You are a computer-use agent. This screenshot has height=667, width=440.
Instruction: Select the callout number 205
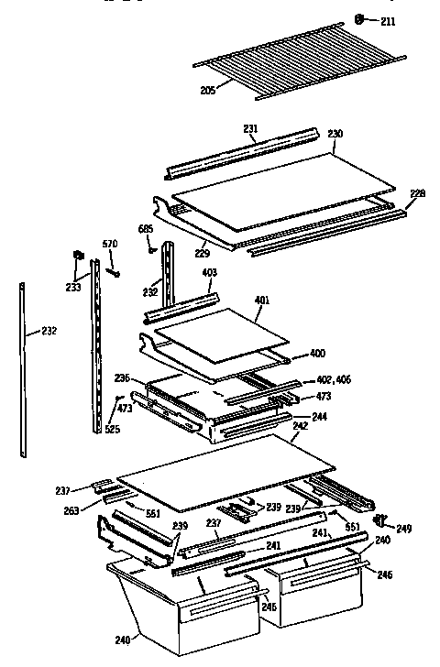208,90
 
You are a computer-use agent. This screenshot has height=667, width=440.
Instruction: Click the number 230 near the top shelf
335,135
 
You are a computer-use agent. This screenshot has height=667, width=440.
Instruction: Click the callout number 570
111,244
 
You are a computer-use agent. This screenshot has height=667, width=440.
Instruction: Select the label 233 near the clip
73,288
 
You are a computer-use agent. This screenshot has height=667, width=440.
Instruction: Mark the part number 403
209,272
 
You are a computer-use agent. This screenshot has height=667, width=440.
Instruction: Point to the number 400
316,354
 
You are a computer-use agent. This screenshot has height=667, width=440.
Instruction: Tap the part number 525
112,430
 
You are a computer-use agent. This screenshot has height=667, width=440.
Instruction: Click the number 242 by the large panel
301,428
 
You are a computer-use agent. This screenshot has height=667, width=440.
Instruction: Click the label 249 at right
403,530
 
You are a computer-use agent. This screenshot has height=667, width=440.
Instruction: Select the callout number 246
383,576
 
